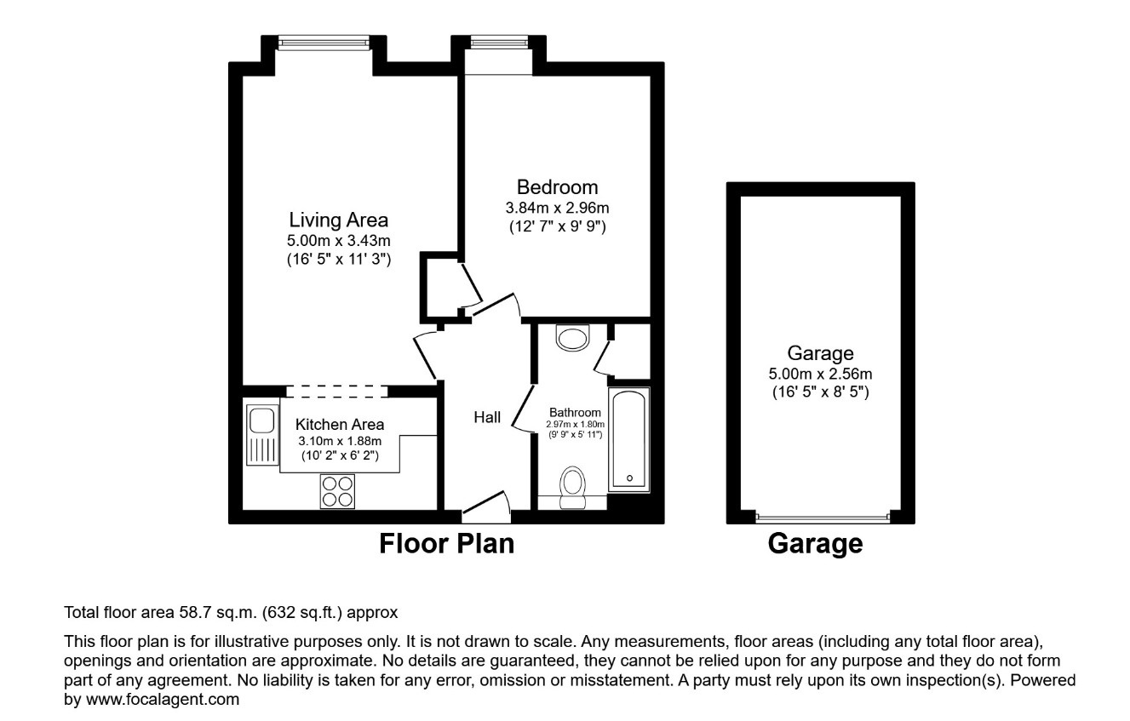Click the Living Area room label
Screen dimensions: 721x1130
[x=338, y=220]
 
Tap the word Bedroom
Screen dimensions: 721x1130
[x=558, y=187]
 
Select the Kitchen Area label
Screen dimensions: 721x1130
[x=339, y=424]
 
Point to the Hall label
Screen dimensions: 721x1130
[x=487, y=417]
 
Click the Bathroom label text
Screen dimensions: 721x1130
[x=575, y=412]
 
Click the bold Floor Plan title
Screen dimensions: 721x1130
[x=446, y=543]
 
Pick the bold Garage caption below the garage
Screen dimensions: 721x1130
[x=815, y=543]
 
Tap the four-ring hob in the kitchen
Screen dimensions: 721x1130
[x=337, y=491]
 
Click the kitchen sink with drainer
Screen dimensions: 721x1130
[x=261, y=435]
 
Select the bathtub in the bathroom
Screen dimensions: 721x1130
[x=628, y=439]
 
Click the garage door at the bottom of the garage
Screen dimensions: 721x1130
[x=823, y=517]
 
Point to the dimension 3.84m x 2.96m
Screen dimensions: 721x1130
[x=558, y=208]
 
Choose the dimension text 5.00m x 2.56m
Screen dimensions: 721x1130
[x=820, y=373]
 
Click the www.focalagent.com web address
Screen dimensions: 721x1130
[x=163, y=700]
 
